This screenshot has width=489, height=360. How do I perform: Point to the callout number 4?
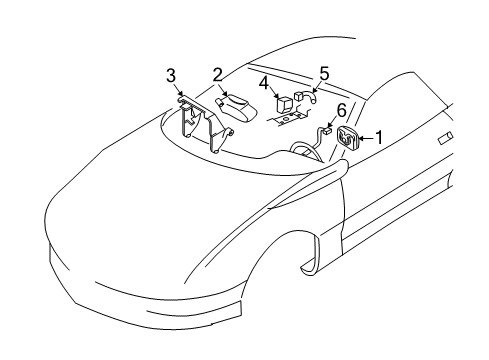(263, 82)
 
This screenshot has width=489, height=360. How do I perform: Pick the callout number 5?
(323, 74)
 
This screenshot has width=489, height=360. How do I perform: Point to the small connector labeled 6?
(327, 131)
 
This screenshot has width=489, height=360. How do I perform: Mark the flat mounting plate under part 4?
(287, 116)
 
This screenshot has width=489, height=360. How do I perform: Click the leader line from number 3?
(177, 88)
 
